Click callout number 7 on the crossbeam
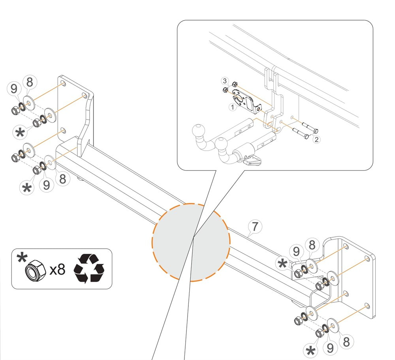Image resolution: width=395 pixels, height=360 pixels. point(255,227)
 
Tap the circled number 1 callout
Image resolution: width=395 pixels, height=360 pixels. point(233,107)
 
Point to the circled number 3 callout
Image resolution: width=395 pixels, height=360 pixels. point(225,81)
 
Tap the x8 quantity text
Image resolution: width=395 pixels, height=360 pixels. point(57,270)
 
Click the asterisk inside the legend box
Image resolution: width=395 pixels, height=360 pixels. point(22,258)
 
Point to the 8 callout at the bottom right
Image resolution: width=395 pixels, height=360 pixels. point(346,341)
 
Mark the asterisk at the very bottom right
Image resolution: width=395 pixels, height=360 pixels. point(311,351)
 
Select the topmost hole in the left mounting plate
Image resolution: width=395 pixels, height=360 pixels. point(63,84)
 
